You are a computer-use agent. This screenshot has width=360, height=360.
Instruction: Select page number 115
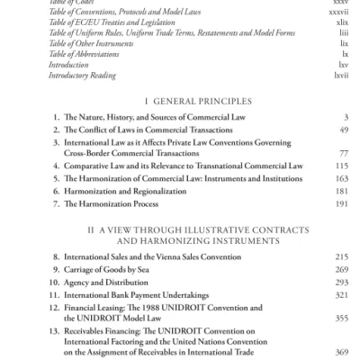(340, 166)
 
